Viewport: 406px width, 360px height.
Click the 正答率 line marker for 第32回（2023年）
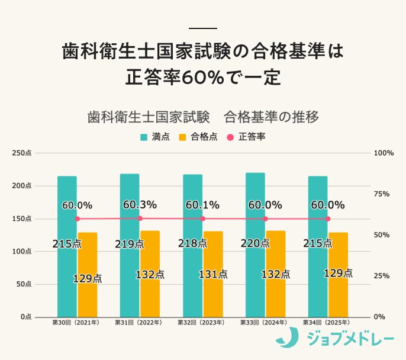tap(202, 218)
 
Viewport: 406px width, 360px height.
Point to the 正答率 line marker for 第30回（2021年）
tap(77, 218)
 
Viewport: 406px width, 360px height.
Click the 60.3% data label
tap(140, 205)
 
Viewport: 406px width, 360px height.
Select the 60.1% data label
tap(202, 205)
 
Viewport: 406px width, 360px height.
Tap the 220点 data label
tap(255, 243)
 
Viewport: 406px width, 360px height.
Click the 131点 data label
tap(212, 274)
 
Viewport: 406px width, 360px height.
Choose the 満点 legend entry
tap(155, 137)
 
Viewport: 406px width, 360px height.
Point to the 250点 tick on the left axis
tap(22, 153)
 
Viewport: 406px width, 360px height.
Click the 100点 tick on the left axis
tap(22, 252)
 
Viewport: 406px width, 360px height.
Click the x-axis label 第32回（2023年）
tap(202, 323)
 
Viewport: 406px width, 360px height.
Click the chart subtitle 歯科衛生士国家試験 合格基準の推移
tap(203, 117)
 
